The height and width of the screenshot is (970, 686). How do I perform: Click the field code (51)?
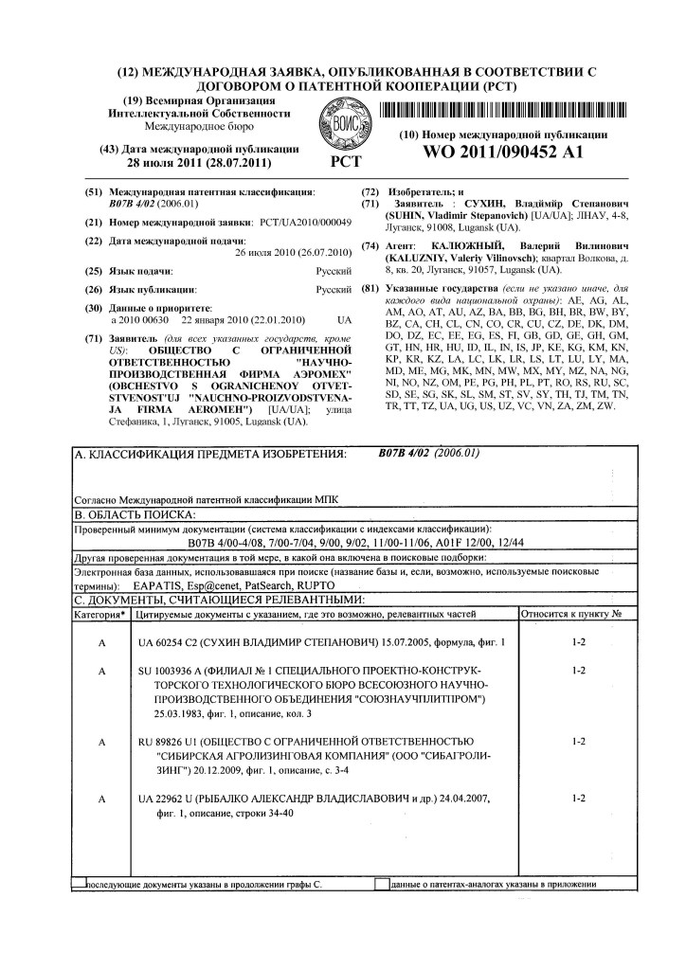click(x=94, y=191)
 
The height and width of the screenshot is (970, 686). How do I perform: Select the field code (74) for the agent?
click(x=371, y=245)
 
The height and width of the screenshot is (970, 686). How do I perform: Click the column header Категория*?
click(x=100, y=615)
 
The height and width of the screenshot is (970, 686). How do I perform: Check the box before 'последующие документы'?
click(x=80, y=883)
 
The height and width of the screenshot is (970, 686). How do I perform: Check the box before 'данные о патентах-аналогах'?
click(x=381, y=883)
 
